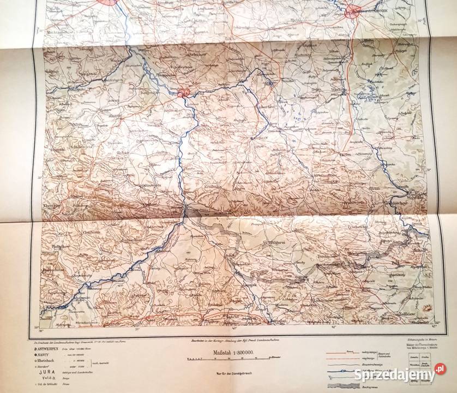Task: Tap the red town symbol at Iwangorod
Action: pos(183,94)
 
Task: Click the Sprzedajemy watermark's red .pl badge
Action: pos(441,375)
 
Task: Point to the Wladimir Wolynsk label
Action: pos(418,194)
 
